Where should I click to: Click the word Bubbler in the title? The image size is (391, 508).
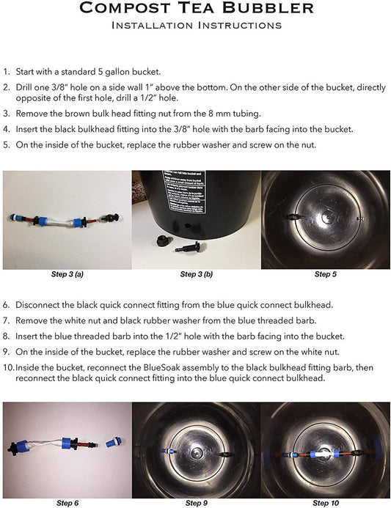click(268, 8)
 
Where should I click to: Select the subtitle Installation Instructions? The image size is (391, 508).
click(197, 25)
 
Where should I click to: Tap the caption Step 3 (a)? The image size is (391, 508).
click(67, 274)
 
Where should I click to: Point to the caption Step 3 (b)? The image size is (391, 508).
click(197, 274)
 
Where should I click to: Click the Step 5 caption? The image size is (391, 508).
click(326, 274)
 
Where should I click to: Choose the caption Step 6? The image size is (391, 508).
click(67, 503)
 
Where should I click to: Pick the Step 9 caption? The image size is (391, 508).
click(197, 503)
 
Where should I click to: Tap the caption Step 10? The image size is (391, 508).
click(326, 503)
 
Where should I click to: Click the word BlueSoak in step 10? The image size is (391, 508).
click(161, 368)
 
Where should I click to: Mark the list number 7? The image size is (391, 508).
click(6, 321)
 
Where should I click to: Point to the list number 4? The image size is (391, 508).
click(6, 129)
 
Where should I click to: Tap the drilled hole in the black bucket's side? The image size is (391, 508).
click(187, 224)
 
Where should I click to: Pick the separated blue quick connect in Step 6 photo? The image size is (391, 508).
click(114, 441)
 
